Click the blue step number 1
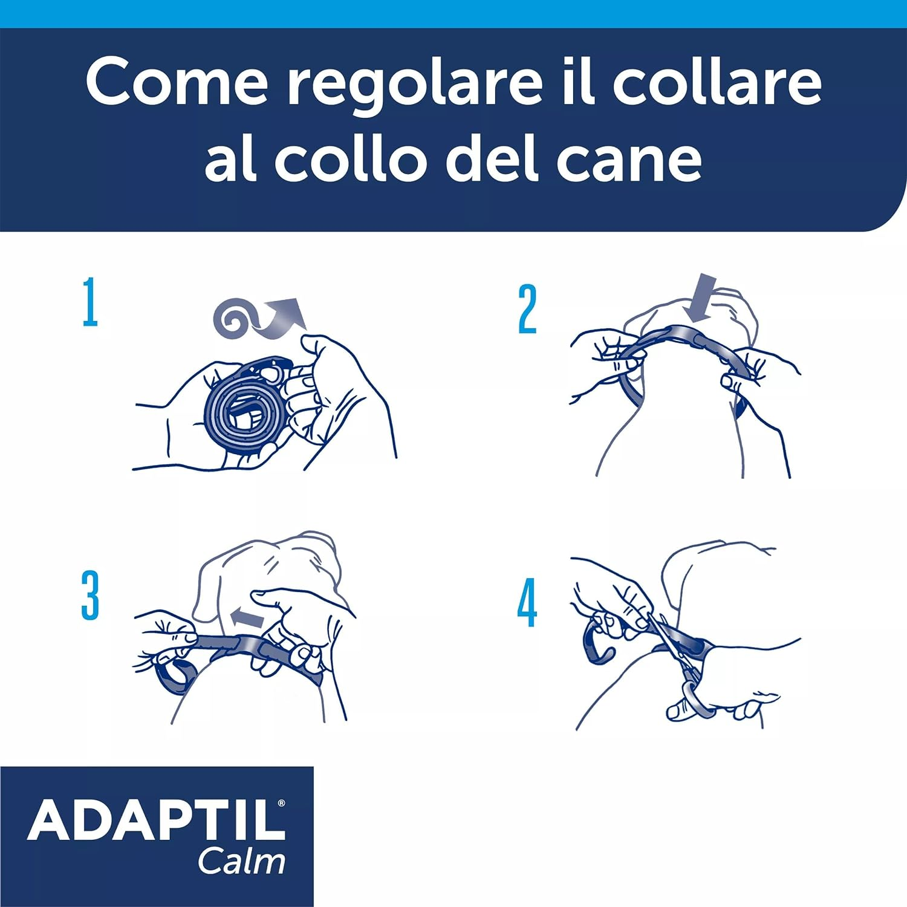(x=90, y=302)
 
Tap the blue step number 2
(x=527, y=309)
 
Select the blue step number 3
(x=90, y=595)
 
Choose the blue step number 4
(x=527, y=602)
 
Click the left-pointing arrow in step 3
(x=247, y=618)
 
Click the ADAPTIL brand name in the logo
(x=154, y=821)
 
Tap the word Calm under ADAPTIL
(x=242, y=861)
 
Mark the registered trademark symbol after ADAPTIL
(x=281, y=804)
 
